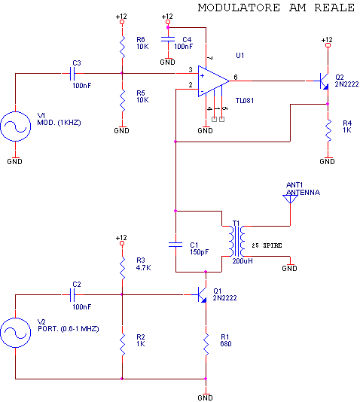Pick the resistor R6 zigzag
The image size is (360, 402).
click(122, 47)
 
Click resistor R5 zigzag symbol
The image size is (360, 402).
click(122, 101)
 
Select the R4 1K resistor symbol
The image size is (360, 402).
click(328, 130)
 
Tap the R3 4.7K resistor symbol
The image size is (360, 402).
click(122, 268)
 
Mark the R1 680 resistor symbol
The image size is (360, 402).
click(206, 344)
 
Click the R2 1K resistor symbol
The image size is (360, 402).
click(122, 344)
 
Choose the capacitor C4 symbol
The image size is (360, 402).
click(168, 39)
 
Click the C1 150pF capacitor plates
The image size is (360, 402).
click(175, 245)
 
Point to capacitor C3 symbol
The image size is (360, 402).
click(72, 74)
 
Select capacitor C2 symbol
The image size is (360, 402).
click(72, 295)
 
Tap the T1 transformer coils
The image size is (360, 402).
click(237, 241)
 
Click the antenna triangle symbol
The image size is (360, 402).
click(290, 199)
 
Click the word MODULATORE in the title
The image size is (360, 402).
click(239, 8)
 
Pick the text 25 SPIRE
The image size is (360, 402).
click(267, 245)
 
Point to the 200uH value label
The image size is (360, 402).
click(243, 261)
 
